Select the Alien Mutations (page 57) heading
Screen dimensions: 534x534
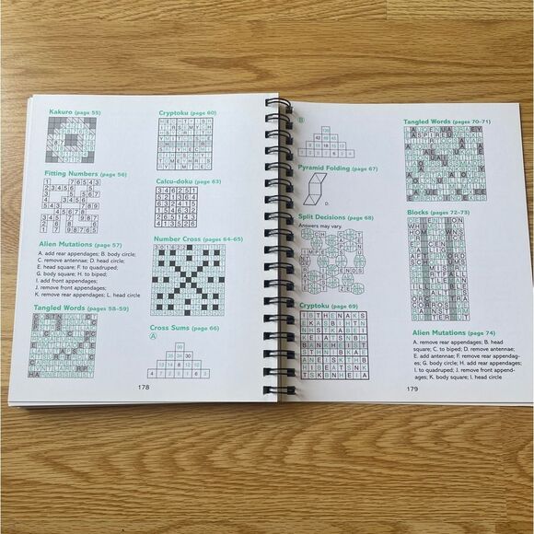pos(78,245)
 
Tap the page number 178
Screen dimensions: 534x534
pos(144,387)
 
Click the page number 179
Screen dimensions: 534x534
pos(413,389)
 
